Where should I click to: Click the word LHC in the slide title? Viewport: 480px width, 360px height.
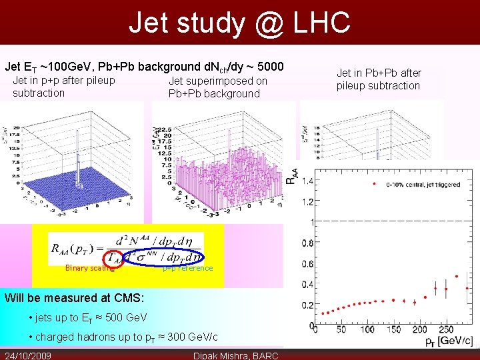(317, 23)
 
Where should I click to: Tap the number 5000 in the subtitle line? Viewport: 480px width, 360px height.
(269, 67)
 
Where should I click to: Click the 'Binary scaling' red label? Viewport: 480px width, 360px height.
(89, 268)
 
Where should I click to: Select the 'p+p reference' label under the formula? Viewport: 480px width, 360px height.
(189, 268)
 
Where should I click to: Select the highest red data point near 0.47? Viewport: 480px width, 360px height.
(457, 276)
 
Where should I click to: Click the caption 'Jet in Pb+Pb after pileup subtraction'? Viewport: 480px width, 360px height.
(379, 79)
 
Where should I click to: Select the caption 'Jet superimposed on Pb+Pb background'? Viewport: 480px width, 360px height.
(217, 87)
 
